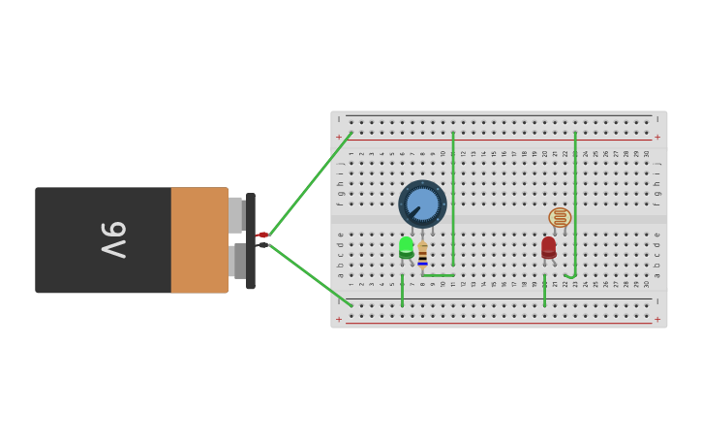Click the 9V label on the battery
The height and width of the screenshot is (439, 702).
114,239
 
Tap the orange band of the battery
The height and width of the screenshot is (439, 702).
199,240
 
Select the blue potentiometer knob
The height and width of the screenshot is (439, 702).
423,204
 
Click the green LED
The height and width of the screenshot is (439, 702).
407,247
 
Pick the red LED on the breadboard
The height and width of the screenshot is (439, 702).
549,246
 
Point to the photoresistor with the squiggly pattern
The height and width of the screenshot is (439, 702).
560,217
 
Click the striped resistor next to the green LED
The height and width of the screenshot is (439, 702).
423,254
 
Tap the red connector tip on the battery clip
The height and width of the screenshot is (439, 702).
262,235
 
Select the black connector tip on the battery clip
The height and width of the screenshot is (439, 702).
262,244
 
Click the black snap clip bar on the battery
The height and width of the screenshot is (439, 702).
251,240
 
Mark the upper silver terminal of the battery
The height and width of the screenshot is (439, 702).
235,214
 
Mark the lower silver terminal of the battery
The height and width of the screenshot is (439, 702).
238,261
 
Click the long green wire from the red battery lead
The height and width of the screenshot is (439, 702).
310,183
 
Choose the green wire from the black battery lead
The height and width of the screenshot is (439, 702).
310,275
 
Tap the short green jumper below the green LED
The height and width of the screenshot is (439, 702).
403,291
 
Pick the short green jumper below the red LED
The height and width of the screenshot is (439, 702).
545,291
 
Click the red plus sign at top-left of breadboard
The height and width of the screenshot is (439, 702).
338,138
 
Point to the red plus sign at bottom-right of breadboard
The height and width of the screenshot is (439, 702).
657,319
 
